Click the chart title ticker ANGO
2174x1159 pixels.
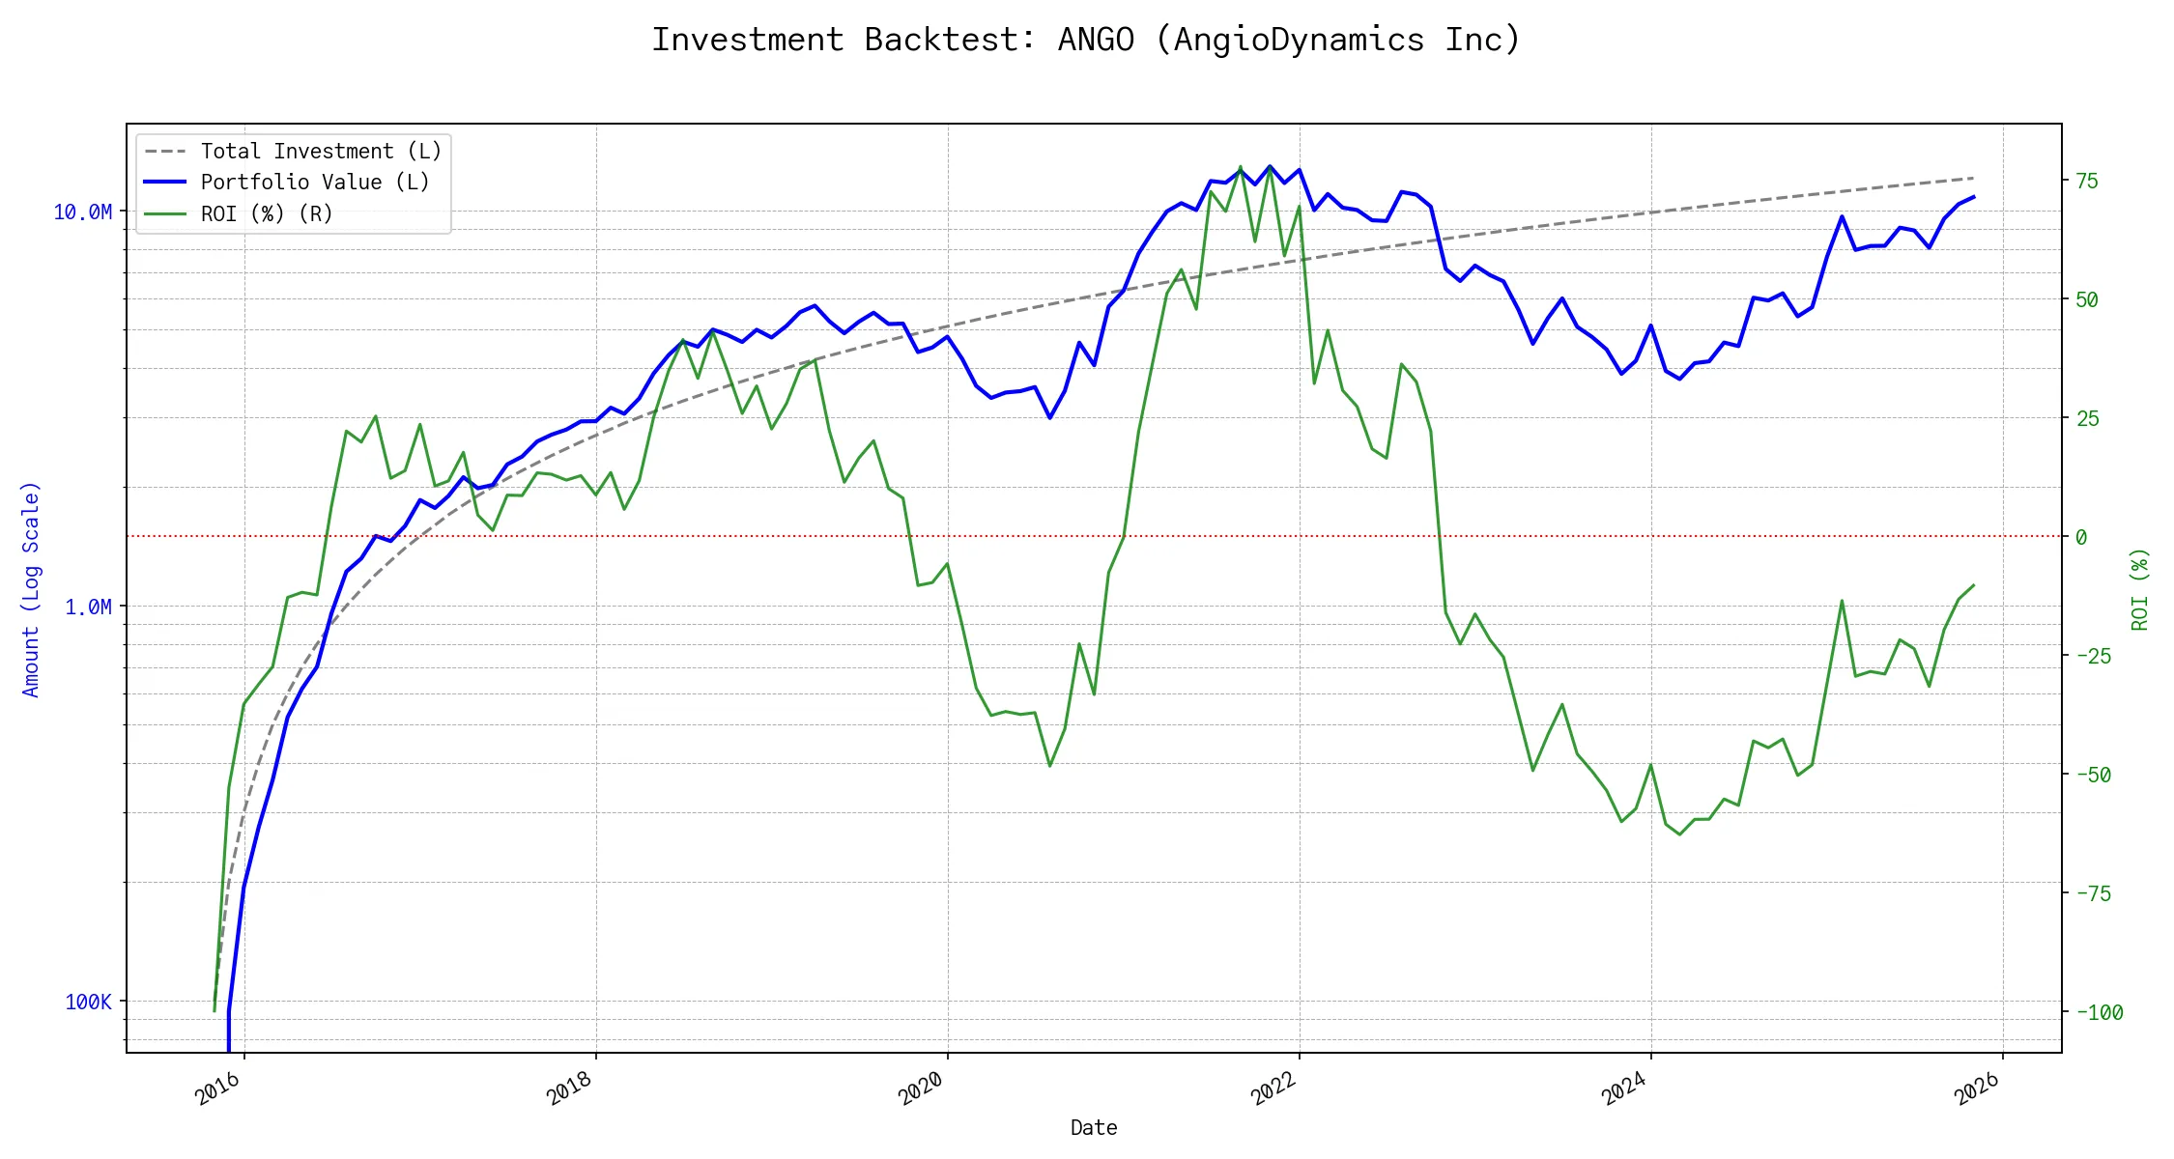click(1096, 40)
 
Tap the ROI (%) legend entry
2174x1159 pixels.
click(267, 213)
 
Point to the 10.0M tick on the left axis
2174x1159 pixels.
click(82, 212)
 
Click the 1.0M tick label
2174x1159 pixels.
click(88, 607)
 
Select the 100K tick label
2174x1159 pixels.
click(88, 1002)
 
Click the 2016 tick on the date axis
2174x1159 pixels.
click(218, 1089)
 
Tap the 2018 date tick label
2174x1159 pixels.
click(570, 1089)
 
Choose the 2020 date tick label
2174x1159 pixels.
click(922, 1089)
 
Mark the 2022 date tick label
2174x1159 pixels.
click(1273, 1089)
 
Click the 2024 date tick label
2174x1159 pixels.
click(1625, 1089)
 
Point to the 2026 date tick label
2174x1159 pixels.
click(1977, 1089)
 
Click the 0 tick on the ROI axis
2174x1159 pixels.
click(2081, 537)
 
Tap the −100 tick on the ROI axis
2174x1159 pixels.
click(2100, 1012)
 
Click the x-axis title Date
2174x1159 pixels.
click(1094, 1128)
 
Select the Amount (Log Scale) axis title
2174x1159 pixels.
click(31, 589)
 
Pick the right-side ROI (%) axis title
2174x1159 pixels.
click(2139, 589)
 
